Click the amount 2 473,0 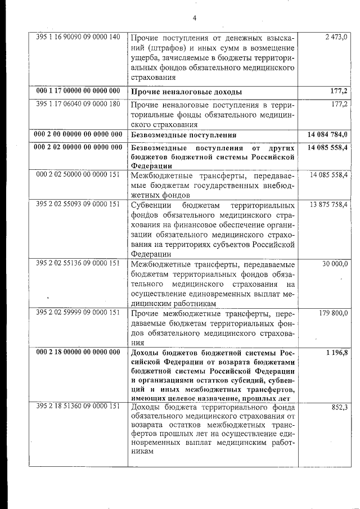click(336, 37)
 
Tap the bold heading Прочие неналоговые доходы click(186, 91)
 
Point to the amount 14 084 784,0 click(328, 134)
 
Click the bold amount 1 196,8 click(336, 352)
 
